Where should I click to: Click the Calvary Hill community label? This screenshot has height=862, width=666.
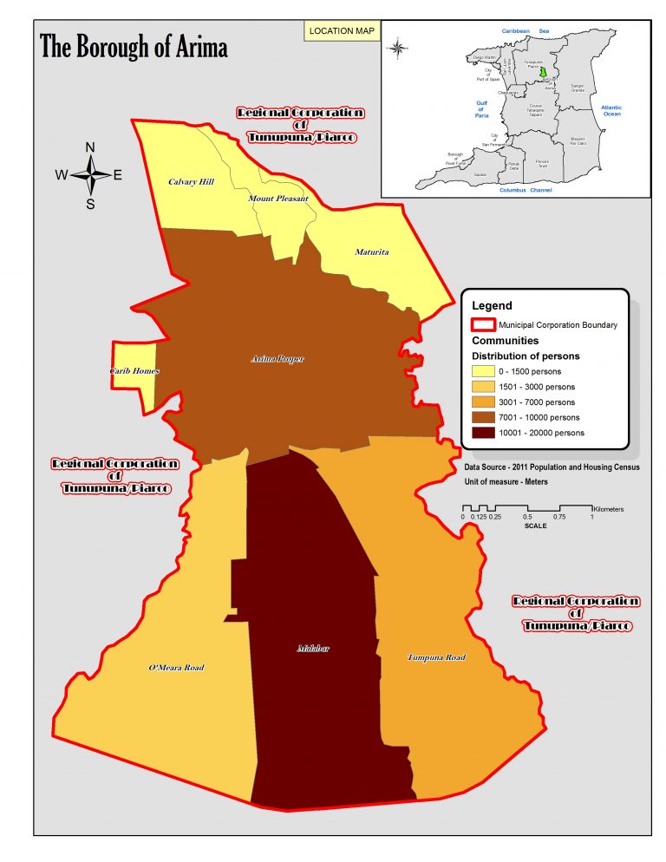(190, 182)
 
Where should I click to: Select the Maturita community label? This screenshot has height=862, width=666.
(372, 252)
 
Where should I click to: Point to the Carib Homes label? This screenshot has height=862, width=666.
(134, 371)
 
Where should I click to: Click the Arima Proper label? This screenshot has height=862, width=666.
(277, 358)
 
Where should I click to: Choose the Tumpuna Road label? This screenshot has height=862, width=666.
(436, 657)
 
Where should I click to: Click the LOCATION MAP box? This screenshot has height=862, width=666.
(341, 31)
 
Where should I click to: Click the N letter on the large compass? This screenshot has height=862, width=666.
(89, 147)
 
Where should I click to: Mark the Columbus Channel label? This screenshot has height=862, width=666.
(526, 189)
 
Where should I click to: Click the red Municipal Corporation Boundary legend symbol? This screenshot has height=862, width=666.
(482, 325)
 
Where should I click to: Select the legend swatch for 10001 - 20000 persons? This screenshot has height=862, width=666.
(487, 433)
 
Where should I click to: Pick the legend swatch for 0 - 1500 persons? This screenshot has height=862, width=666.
(487, 371)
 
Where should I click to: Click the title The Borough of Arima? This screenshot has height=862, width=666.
(134, 48)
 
